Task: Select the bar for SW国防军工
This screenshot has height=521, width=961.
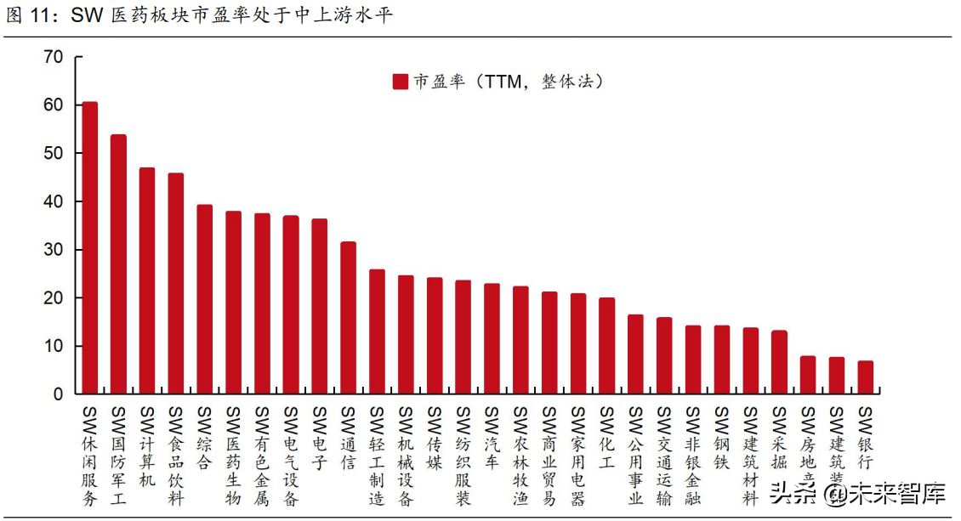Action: tap(118, 264)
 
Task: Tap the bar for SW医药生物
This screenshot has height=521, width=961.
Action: tap(233, 303)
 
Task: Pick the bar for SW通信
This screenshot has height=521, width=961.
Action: tap(348, 318)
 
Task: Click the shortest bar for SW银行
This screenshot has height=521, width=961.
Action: tap(865, 377)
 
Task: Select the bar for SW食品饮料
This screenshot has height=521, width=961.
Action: tap(176, 284)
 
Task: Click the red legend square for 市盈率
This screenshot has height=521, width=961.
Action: tap(401, 82)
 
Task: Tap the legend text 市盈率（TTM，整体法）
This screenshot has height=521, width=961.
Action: tap(509, 82)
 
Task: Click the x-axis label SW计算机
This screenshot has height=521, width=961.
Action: tap(147, 447)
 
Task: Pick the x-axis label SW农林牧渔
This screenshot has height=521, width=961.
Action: tap(520, 456)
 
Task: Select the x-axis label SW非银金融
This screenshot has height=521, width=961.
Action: tap(692, 456)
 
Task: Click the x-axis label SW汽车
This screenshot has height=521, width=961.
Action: tap(492, 438)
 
